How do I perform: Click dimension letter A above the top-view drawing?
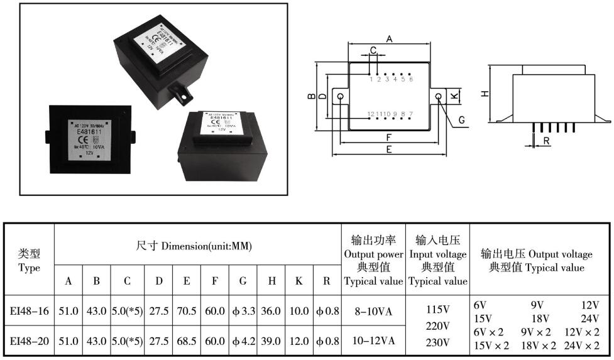tap(389, 39)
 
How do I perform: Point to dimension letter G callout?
tap(461, 119)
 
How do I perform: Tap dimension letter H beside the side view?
tap(485, 93)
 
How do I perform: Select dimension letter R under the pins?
tap(547, 141)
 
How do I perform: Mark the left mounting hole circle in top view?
tap(341, 97)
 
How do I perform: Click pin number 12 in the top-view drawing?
tap(371, 114)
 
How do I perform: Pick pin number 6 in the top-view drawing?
tap(411, 79)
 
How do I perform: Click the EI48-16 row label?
tap(29, 310)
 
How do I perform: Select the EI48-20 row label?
tap(29, 341)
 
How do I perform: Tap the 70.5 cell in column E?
tap(187, 310)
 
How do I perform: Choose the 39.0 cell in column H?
tap(271, 341)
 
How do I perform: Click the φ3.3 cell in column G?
tap(243, 310)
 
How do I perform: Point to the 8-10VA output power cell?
tap(374, 310)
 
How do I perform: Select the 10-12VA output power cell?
tap(374, 341)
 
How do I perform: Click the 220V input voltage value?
tap(438, 326)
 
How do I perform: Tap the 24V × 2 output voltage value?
tap(583, 346)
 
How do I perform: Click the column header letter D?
tap(158, 281)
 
